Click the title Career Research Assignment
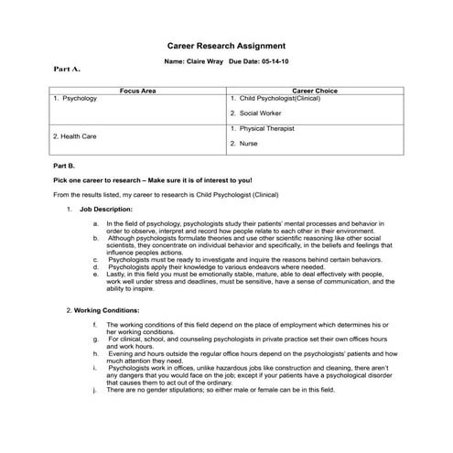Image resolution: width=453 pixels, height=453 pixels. tap(226, 45)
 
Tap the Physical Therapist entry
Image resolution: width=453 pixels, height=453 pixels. tap(266, 129)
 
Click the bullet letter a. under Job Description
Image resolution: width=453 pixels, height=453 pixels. tap(97, 223)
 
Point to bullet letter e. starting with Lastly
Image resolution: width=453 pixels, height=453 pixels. tap(97, 273)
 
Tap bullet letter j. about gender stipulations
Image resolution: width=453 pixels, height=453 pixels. tap(97, 390)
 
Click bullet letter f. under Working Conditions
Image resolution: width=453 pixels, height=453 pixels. tap(97, 325)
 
